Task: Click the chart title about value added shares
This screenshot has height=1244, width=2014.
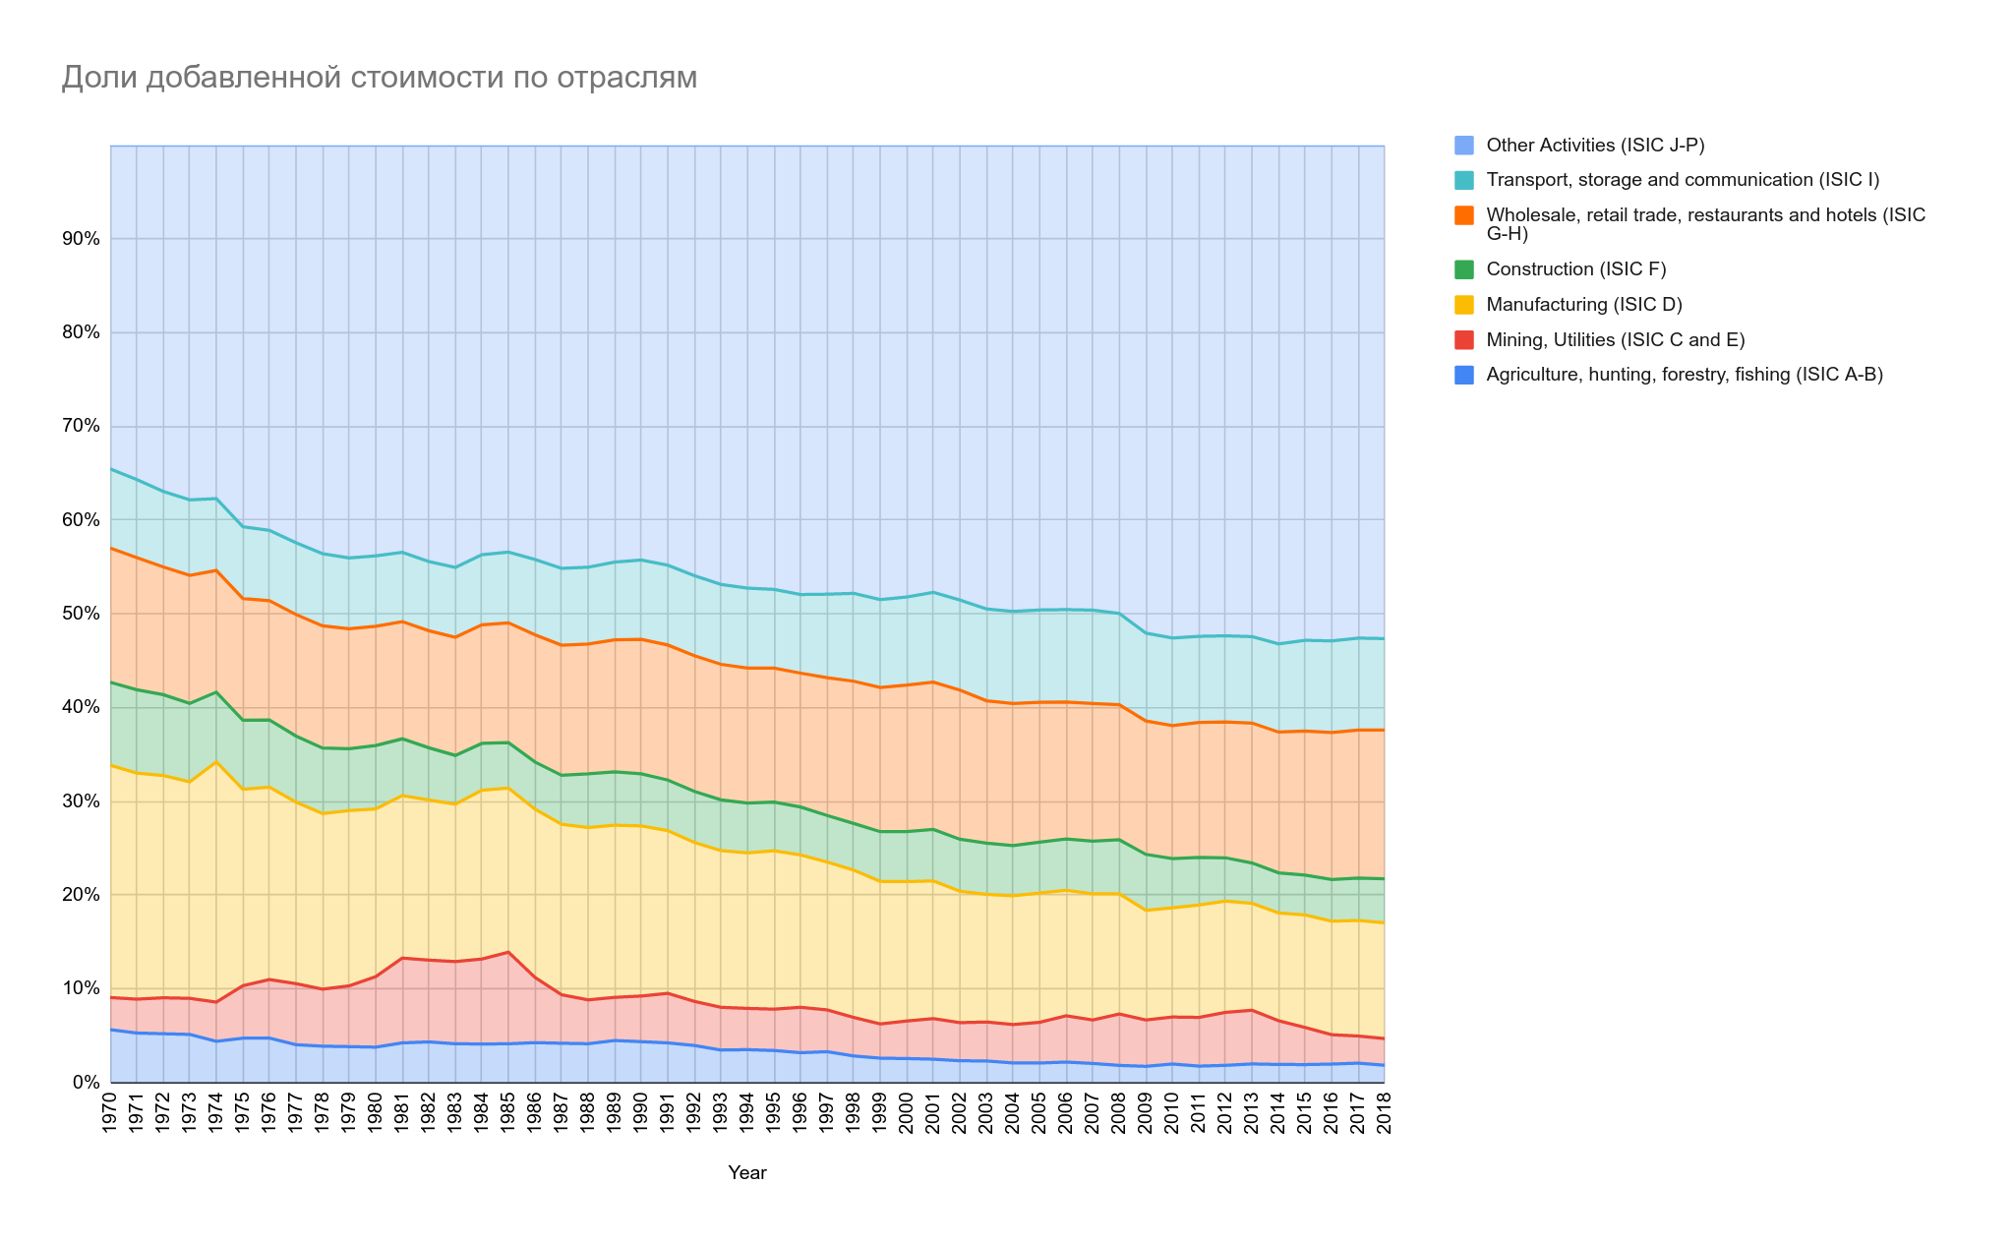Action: point(379,78)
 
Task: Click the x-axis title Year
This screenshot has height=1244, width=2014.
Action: point(747,1173)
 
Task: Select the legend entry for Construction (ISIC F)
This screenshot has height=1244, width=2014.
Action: point(1575,269)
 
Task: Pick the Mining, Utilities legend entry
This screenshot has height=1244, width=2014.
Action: point(1615,340)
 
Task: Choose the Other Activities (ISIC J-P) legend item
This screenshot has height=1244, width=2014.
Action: point(1595,146)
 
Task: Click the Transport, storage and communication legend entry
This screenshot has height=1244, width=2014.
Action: point(1683,180)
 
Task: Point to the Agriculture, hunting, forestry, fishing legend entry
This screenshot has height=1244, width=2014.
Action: point(1685,375)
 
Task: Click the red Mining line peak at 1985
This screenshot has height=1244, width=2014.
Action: point(507,952)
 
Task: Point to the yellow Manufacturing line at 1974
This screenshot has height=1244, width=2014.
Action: point(216,761)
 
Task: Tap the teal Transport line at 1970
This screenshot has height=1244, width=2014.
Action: point(111,469)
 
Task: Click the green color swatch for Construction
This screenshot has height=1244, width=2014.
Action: point(1464,269)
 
